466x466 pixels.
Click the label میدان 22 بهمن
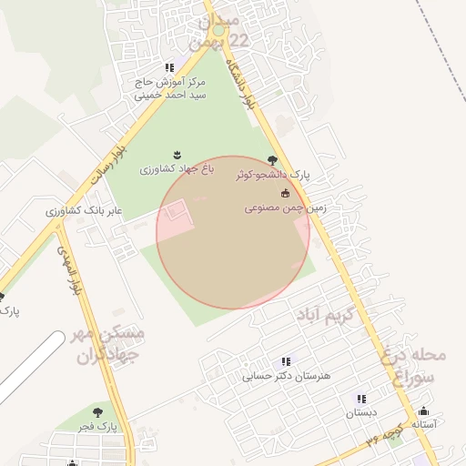point(218,31)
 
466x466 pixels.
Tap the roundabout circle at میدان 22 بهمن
point(218,31)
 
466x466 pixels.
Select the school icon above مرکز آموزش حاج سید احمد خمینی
point(169,67)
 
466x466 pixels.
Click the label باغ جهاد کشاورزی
point(176,169)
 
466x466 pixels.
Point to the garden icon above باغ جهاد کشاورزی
point(177,154)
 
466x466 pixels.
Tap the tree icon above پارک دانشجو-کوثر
point(272,160)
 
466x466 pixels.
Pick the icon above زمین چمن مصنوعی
point(285,193)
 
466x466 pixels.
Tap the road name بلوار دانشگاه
point(249,86)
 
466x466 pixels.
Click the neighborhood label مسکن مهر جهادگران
point(107,343)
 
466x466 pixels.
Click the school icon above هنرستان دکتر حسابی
point(287,361)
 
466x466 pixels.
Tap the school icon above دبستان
point(361,399)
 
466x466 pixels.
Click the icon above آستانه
point(423,410)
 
